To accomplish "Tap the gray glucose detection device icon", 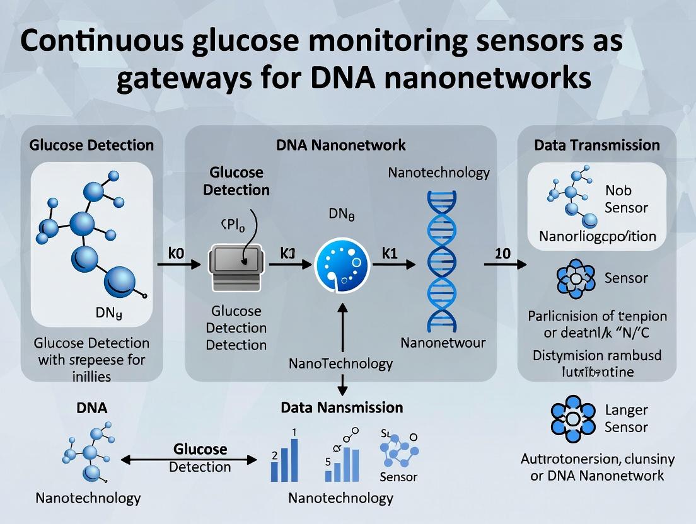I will point(233,268).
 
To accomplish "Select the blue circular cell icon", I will point(341,263).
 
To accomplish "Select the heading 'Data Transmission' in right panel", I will point(596,145).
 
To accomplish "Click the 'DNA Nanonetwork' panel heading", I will point(340,145).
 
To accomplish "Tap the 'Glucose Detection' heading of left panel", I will point(91,145).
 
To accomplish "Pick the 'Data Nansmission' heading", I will point(341,407).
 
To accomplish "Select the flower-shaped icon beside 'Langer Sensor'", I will point(572,419).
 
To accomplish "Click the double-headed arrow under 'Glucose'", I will point(189,460).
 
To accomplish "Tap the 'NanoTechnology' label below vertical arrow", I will point(340,363).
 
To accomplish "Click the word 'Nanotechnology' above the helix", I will point(439,173).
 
